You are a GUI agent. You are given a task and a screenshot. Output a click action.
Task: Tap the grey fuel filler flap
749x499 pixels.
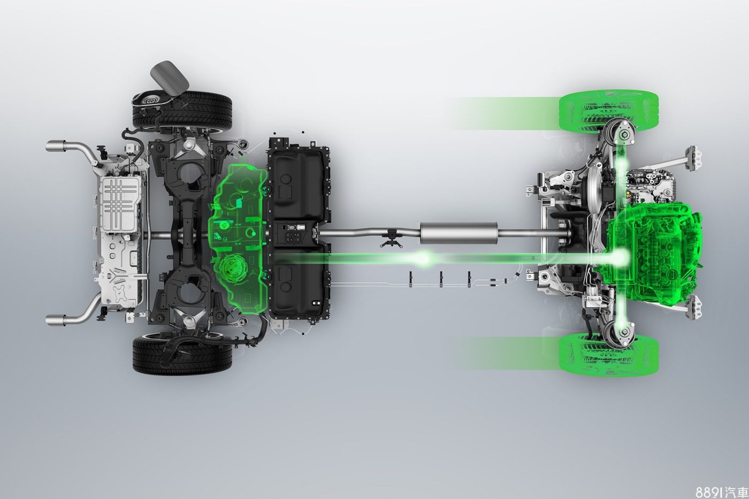click(x=170, y=78)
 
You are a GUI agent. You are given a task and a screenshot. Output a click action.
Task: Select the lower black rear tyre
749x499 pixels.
click(x=182, y=354)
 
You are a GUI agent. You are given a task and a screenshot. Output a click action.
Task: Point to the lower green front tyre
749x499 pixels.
click(x=609, y=354)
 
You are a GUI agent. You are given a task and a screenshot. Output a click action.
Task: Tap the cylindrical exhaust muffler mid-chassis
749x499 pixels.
click(x=459, y=233)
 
